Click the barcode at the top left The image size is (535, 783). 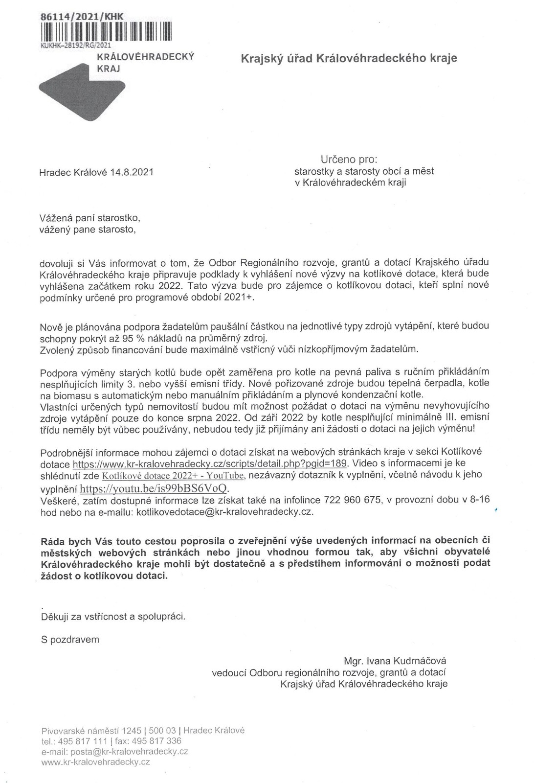coord(105,30)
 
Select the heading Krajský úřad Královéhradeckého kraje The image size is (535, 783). coord(349,59)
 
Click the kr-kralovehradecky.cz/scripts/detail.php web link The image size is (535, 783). coord(210,463)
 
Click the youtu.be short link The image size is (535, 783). coord(154,488)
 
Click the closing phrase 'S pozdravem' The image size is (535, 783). coord(70,639)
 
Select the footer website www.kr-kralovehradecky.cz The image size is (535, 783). coord(96,762)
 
